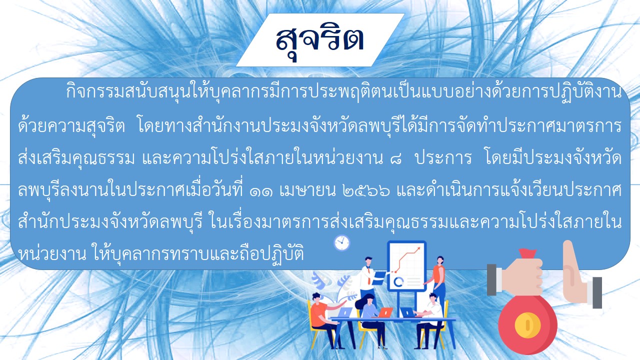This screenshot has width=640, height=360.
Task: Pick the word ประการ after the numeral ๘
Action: [x=443, y=158]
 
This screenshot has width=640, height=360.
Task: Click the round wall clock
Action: [x=341, y=243]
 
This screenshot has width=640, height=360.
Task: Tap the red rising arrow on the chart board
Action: [x=406, y=259]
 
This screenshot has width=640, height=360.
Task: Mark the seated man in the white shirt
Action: [x=428, y=320]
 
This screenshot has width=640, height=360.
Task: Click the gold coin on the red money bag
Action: [x=527, y=325]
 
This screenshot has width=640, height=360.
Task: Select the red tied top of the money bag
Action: [x=527, y=253]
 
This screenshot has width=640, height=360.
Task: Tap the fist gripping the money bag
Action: [x=522, y=276]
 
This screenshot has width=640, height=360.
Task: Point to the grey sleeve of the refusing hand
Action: [x=597, y=293]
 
